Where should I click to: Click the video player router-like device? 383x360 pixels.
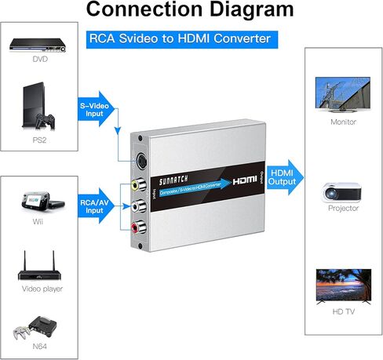[39, 268]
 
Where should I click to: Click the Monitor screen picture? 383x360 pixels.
[342, 95]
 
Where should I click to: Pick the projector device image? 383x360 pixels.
[342, 191]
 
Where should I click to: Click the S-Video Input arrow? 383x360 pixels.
[95, 109]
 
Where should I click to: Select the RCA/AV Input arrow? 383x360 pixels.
[95, 205]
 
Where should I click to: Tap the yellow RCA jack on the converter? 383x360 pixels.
[138, 185]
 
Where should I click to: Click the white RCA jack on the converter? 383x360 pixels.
[138, 207]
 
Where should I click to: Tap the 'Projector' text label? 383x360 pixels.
[342, 209]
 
